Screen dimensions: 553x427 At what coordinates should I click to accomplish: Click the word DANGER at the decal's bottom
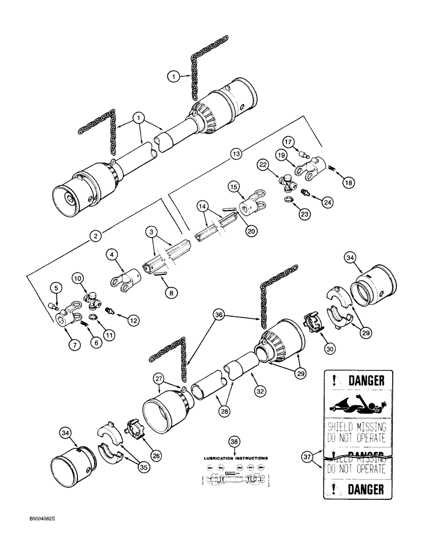365,489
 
